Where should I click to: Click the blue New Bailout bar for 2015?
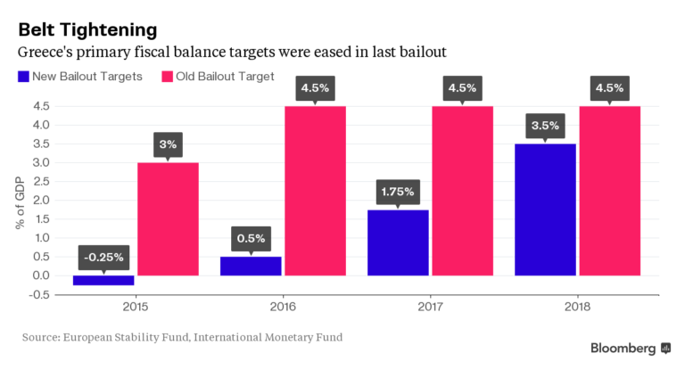[103, 280]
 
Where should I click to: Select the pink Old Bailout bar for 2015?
[168, 218]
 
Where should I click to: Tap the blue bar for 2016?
[251, 266]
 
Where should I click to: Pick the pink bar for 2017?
[462, 191]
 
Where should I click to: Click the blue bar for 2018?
[545, 210]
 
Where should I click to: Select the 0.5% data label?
[251, 240]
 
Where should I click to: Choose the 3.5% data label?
[545, 127]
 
